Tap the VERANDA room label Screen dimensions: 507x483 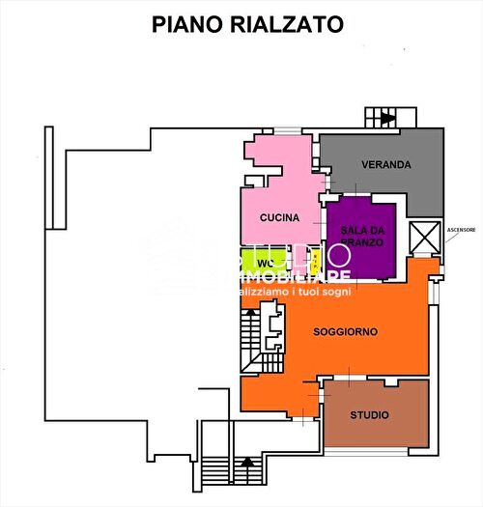[x=386, y=164]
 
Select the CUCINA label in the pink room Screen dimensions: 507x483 [x=279, y=218]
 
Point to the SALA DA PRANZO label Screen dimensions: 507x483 [x=362, y=236]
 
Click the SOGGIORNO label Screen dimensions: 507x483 [x=345, y=331]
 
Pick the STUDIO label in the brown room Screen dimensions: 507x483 [x=370, y=415]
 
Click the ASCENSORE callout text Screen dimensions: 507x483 [x=461, y=229]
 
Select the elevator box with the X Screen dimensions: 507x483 [x=423, y=236]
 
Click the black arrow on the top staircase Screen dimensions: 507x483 [x=387, y=119]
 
